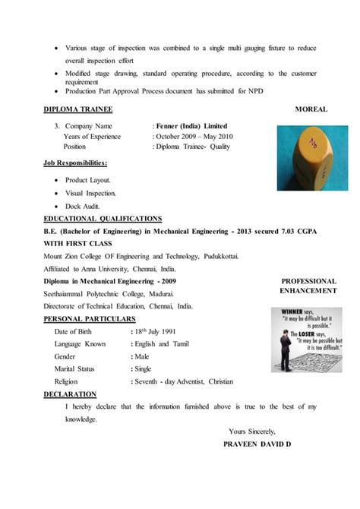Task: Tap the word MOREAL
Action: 311,109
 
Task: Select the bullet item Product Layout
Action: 88,180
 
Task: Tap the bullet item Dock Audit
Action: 83,206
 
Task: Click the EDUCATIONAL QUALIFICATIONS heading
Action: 103,219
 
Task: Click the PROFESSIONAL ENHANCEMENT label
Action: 308,286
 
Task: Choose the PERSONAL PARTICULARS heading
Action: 90,318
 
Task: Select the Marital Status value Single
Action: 144,368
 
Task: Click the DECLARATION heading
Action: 70,394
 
